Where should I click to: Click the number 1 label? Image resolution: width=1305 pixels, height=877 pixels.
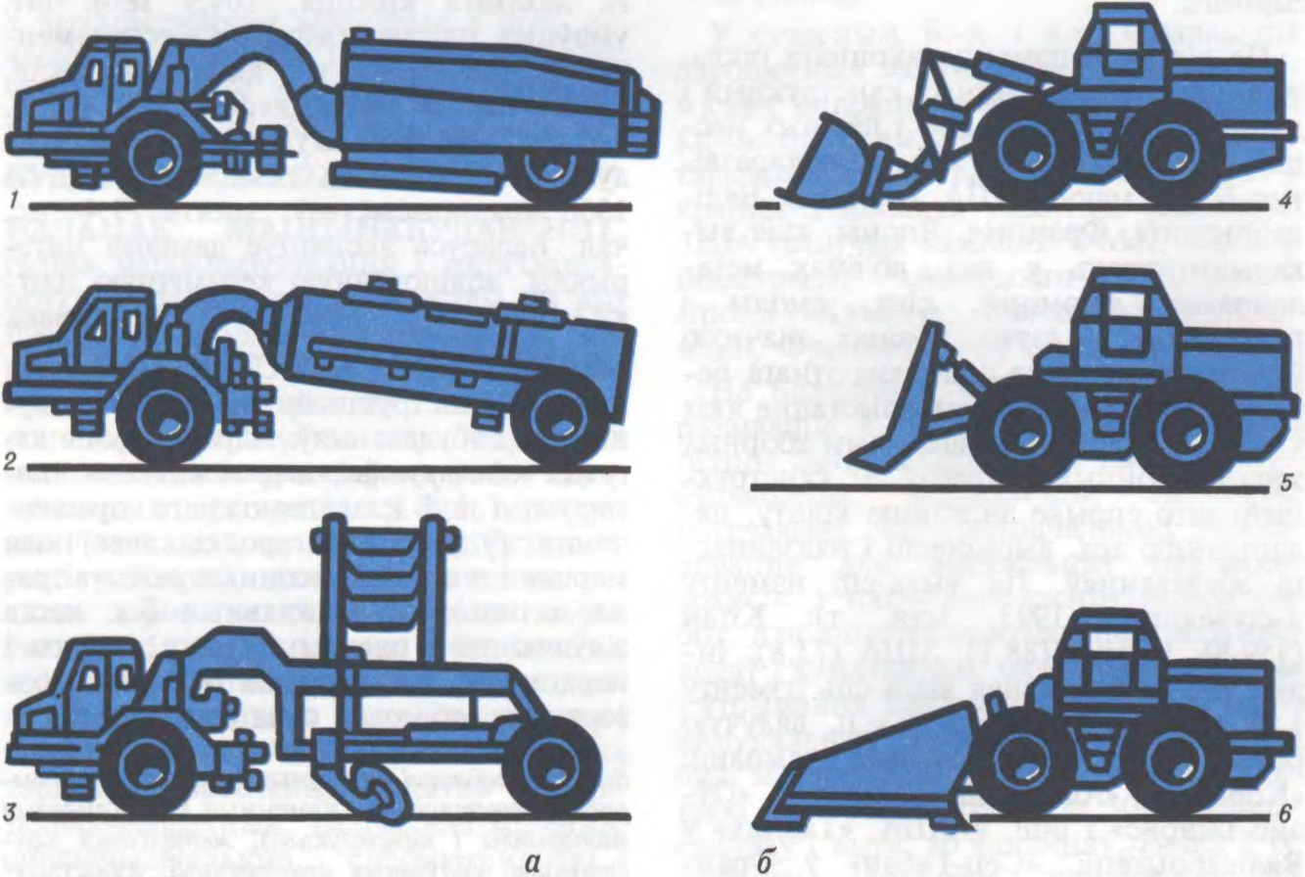click(x=12, y=204)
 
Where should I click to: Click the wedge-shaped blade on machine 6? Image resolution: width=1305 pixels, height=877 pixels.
click(x=874, y=768)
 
